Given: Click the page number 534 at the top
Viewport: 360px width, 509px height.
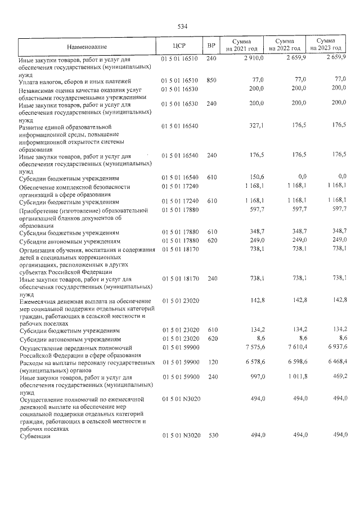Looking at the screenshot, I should [x=182, y=26].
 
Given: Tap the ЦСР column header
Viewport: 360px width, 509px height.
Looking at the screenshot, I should [x=180, y=46].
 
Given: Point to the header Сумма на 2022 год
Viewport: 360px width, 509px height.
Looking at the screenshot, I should [x=284, y=46].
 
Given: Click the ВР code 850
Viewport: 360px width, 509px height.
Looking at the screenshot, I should [x=211, y=80].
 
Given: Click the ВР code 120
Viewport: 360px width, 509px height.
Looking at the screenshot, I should [x=211, y=363].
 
